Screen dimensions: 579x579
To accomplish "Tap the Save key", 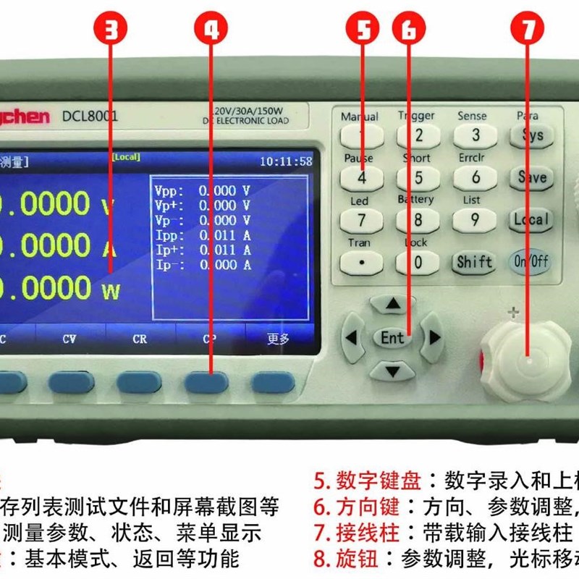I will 532,177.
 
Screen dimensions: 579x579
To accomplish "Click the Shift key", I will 474,262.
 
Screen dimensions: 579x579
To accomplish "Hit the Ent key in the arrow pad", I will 392,337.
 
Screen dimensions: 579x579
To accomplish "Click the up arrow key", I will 392,305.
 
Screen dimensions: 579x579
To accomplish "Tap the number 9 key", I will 474,219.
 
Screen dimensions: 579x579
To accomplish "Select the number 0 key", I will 418,262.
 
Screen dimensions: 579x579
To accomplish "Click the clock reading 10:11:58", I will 286,161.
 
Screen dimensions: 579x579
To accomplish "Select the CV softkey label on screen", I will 69,339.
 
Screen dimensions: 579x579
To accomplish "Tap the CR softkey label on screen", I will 140,339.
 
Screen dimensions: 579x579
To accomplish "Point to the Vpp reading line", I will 203,191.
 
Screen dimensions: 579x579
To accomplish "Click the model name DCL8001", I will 90,116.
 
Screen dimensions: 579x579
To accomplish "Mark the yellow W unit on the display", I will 111,291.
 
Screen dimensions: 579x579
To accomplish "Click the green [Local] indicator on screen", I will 125,157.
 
